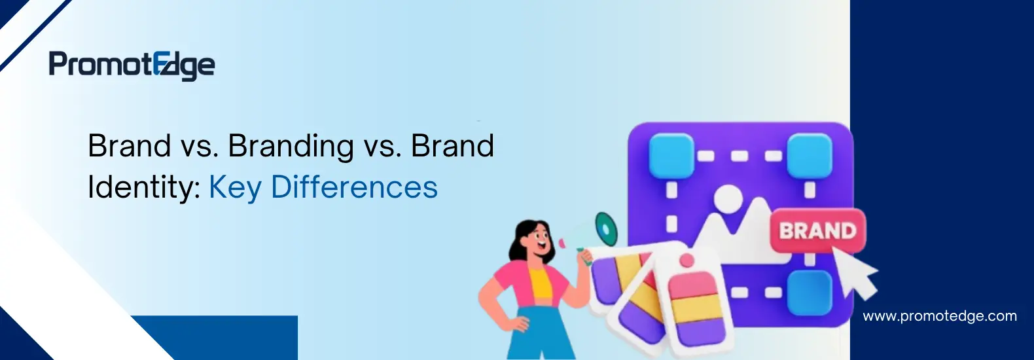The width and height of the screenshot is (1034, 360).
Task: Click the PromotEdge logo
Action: click(x=132, y=66)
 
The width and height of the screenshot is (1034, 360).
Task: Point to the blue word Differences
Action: click(x=354, y=187)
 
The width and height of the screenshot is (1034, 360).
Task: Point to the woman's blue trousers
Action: click(x=538, y=333)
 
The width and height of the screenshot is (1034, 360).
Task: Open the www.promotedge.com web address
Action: click(x=940, y=316)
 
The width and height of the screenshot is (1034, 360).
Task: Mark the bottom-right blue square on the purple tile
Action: click(x=810, y=293)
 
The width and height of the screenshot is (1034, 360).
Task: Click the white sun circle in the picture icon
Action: click(x=728, y=198)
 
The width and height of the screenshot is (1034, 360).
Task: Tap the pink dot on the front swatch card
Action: click(x=687, y=261)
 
